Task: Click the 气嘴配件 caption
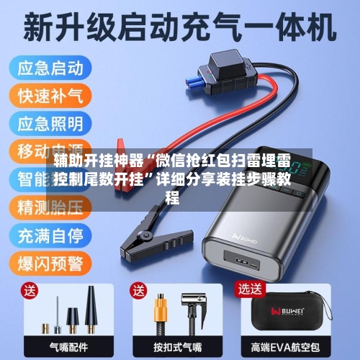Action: pyautogui.click(x=70, y=346)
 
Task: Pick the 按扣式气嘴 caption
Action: pyautogui.click(x=178, y=346)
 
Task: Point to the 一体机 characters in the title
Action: pyautogui.click(x=287, y=27)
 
